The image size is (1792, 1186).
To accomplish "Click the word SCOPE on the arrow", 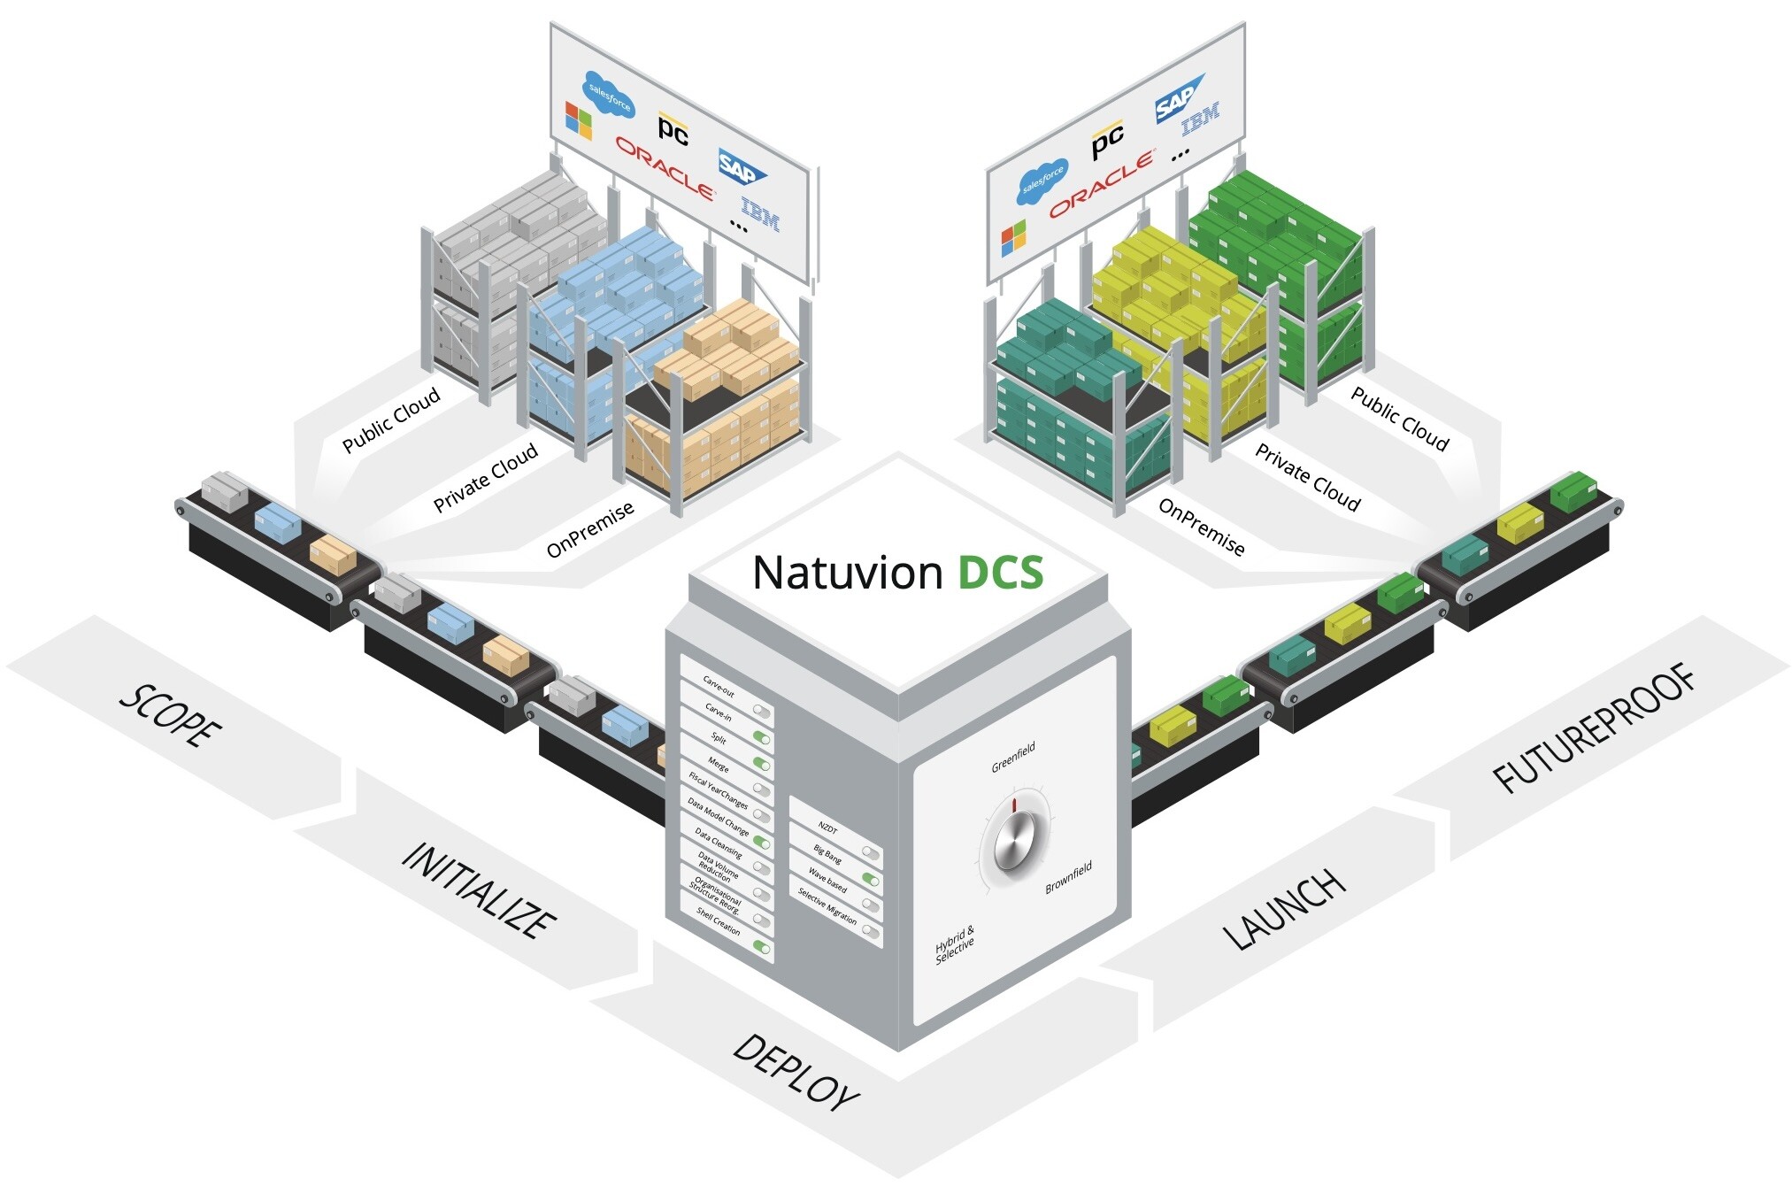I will point(170,716).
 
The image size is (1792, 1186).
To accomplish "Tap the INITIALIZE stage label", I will point(479,889).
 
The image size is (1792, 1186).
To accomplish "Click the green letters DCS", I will point(1001,573).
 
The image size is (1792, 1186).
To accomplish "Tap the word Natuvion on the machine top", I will point(847,573).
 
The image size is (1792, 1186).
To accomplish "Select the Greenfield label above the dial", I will point(1013,759).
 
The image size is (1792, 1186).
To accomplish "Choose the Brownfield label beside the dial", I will point(1069,876).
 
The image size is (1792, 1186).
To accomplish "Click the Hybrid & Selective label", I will point(955,944).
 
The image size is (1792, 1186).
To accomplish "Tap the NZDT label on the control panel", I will point(827,828).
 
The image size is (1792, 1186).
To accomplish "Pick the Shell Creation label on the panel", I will point(719,921).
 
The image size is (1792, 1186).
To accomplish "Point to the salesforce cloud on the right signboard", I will point(1043,178).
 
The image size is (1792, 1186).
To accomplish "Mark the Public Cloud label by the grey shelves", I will point(391,420).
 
